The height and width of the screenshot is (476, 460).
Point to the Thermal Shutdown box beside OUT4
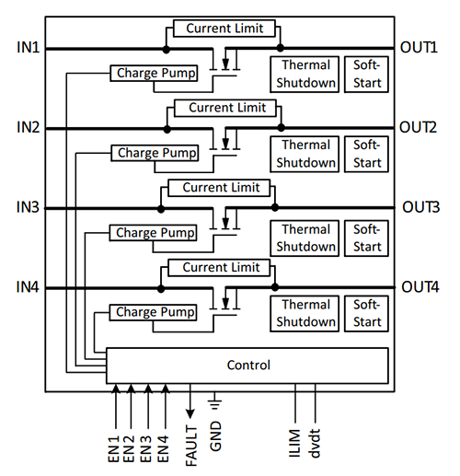pos(306,313)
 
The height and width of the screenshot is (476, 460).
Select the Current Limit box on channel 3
pos(220,188)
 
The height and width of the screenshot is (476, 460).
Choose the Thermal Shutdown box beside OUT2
pos(306,154)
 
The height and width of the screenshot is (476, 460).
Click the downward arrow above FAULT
pos(190,405)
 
